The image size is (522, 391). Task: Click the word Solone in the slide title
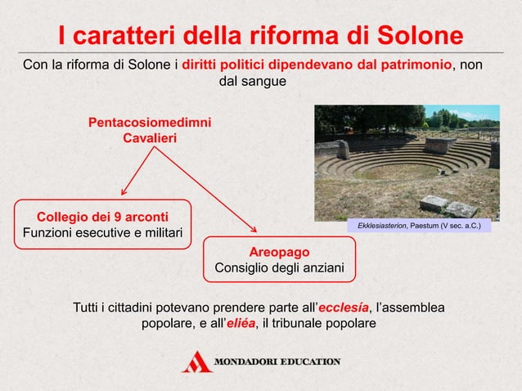pos(418,35)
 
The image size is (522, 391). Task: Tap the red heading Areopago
pos(279,251)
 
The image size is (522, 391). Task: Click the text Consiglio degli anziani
pos(279,267)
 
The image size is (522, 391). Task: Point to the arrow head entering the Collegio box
pos(124,192)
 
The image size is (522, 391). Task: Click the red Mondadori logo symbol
pos(196,361)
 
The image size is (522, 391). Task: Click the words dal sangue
pos(254,82)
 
